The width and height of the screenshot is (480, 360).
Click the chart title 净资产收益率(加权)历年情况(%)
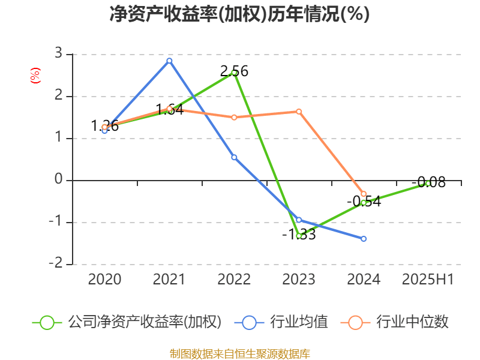click(239, 14)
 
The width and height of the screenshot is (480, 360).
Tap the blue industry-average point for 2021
click(169, 61)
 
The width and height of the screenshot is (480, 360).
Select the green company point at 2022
click(234, 73)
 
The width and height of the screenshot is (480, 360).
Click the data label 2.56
click(234, 71)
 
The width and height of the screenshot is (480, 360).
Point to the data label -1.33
click(299, 235)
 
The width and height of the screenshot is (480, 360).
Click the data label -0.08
click(429, 182)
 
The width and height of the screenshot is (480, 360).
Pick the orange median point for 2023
click(299, 111)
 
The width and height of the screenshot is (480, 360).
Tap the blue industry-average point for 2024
click(364, 239)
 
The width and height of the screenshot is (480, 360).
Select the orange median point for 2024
click(364, 194)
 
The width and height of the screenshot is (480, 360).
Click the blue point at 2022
click(234, 157)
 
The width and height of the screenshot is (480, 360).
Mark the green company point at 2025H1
click(428, 184)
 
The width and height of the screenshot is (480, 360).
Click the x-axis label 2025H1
click(428, 280)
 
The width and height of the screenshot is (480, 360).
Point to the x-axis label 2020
click(104, 280)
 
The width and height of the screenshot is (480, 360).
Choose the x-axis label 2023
click(299, 280)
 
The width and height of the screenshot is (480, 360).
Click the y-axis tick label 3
click(58, 54)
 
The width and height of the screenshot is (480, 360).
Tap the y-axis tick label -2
click(56, 263)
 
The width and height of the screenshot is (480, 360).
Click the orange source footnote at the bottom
click(239, 353)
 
